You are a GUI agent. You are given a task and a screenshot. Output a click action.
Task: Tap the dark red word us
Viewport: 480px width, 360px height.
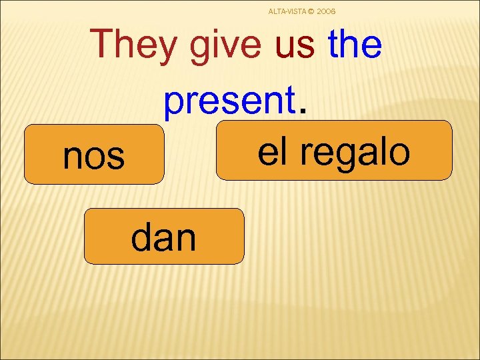(294, 45)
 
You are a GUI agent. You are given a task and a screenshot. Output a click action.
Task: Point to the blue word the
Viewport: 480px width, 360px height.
(355, 45)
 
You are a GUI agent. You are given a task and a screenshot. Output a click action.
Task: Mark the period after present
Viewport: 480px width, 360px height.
(305, 111)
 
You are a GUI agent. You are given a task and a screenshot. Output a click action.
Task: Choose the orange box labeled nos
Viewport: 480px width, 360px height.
(94, 155)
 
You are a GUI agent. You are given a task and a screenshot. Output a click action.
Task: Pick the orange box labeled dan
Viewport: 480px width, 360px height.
(164, 237)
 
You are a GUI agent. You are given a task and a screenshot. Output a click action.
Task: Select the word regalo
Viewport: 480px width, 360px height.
(354, 151)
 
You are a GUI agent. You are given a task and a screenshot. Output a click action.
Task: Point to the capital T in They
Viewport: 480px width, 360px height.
(104, 45)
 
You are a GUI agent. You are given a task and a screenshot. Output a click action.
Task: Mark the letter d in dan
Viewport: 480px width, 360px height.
(141, 237)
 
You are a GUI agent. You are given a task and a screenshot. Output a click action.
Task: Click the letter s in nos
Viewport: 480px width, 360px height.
(117, 157)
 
